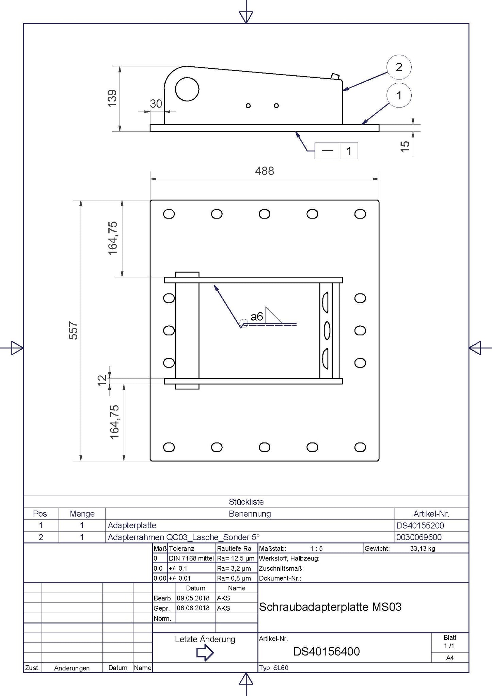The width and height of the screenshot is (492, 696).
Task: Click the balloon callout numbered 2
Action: [x=399, y=67]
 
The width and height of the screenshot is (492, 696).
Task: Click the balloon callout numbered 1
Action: [x=399, y=95]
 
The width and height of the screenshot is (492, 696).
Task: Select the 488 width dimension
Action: [x=265, y=171]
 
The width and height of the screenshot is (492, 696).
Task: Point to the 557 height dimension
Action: [x=74, y=330]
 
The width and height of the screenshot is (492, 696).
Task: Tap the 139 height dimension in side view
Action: [x=112, y=98]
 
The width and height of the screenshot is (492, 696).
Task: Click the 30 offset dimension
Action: [x=156, y=103]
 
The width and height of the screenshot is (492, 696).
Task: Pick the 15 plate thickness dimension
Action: [x=405, y=146]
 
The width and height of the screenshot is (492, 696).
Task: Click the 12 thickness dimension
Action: [x=102, y=380]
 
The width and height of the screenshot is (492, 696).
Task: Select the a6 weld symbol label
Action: [x=257, y=317]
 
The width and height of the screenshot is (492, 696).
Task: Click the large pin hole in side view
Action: [x=187, y=89]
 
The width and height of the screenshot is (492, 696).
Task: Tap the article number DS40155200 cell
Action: [x=420, y=525]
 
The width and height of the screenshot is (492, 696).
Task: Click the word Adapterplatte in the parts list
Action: [x=132, y=525]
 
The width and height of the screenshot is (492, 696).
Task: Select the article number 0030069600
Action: [x=419, y=537]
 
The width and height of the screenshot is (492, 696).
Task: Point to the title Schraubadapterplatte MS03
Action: [x=330, y=607]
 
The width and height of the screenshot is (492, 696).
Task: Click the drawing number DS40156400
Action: [x=327, y=651]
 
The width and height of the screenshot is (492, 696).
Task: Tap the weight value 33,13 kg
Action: [x=423, y=548]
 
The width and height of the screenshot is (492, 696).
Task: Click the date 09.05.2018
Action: [x=193, y=598]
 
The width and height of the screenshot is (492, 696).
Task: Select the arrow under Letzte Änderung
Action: [x=205, y=653]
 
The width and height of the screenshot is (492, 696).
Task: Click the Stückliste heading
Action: [x=246, y=502]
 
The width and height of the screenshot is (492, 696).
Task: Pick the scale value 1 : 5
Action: [x=316, y=548]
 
